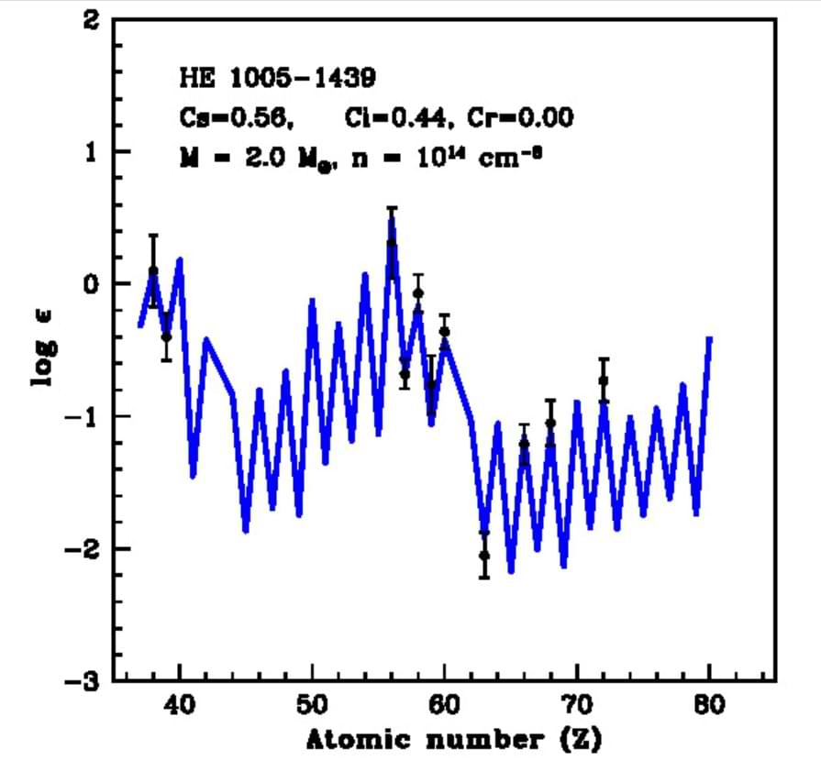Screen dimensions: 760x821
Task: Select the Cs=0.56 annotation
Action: click(237, 117)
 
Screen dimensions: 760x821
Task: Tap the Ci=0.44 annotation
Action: click(398, 117)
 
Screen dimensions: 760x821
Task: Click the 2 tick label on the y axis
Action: click(91, 19)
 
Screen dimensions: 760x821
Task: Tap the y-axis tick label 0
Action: click(91, 284)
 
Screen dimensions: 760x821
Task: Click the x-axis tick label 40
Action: click(180, 705)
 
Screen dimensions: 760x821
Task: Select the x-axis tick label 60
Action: click(445, 705)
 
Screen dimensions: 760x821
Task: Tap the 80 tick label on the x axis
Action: click(710, 705)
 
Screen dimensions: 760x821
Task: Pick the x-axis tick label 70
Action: click(577, 705)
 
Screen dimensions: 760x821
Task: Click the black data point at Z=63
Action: click(484, 556)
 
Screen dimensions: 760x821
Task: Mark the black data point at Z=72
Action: click(604, 380)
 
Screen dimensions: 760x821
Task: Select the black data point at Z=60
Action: click(445, 332)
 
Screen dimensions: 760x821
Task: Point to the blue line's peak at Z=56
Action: click(392, 222)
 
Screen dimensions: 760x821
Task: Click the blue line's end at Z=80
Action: click(709, 339)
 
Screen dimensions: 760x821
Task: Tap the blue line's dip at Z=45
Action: click(246, 530)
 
